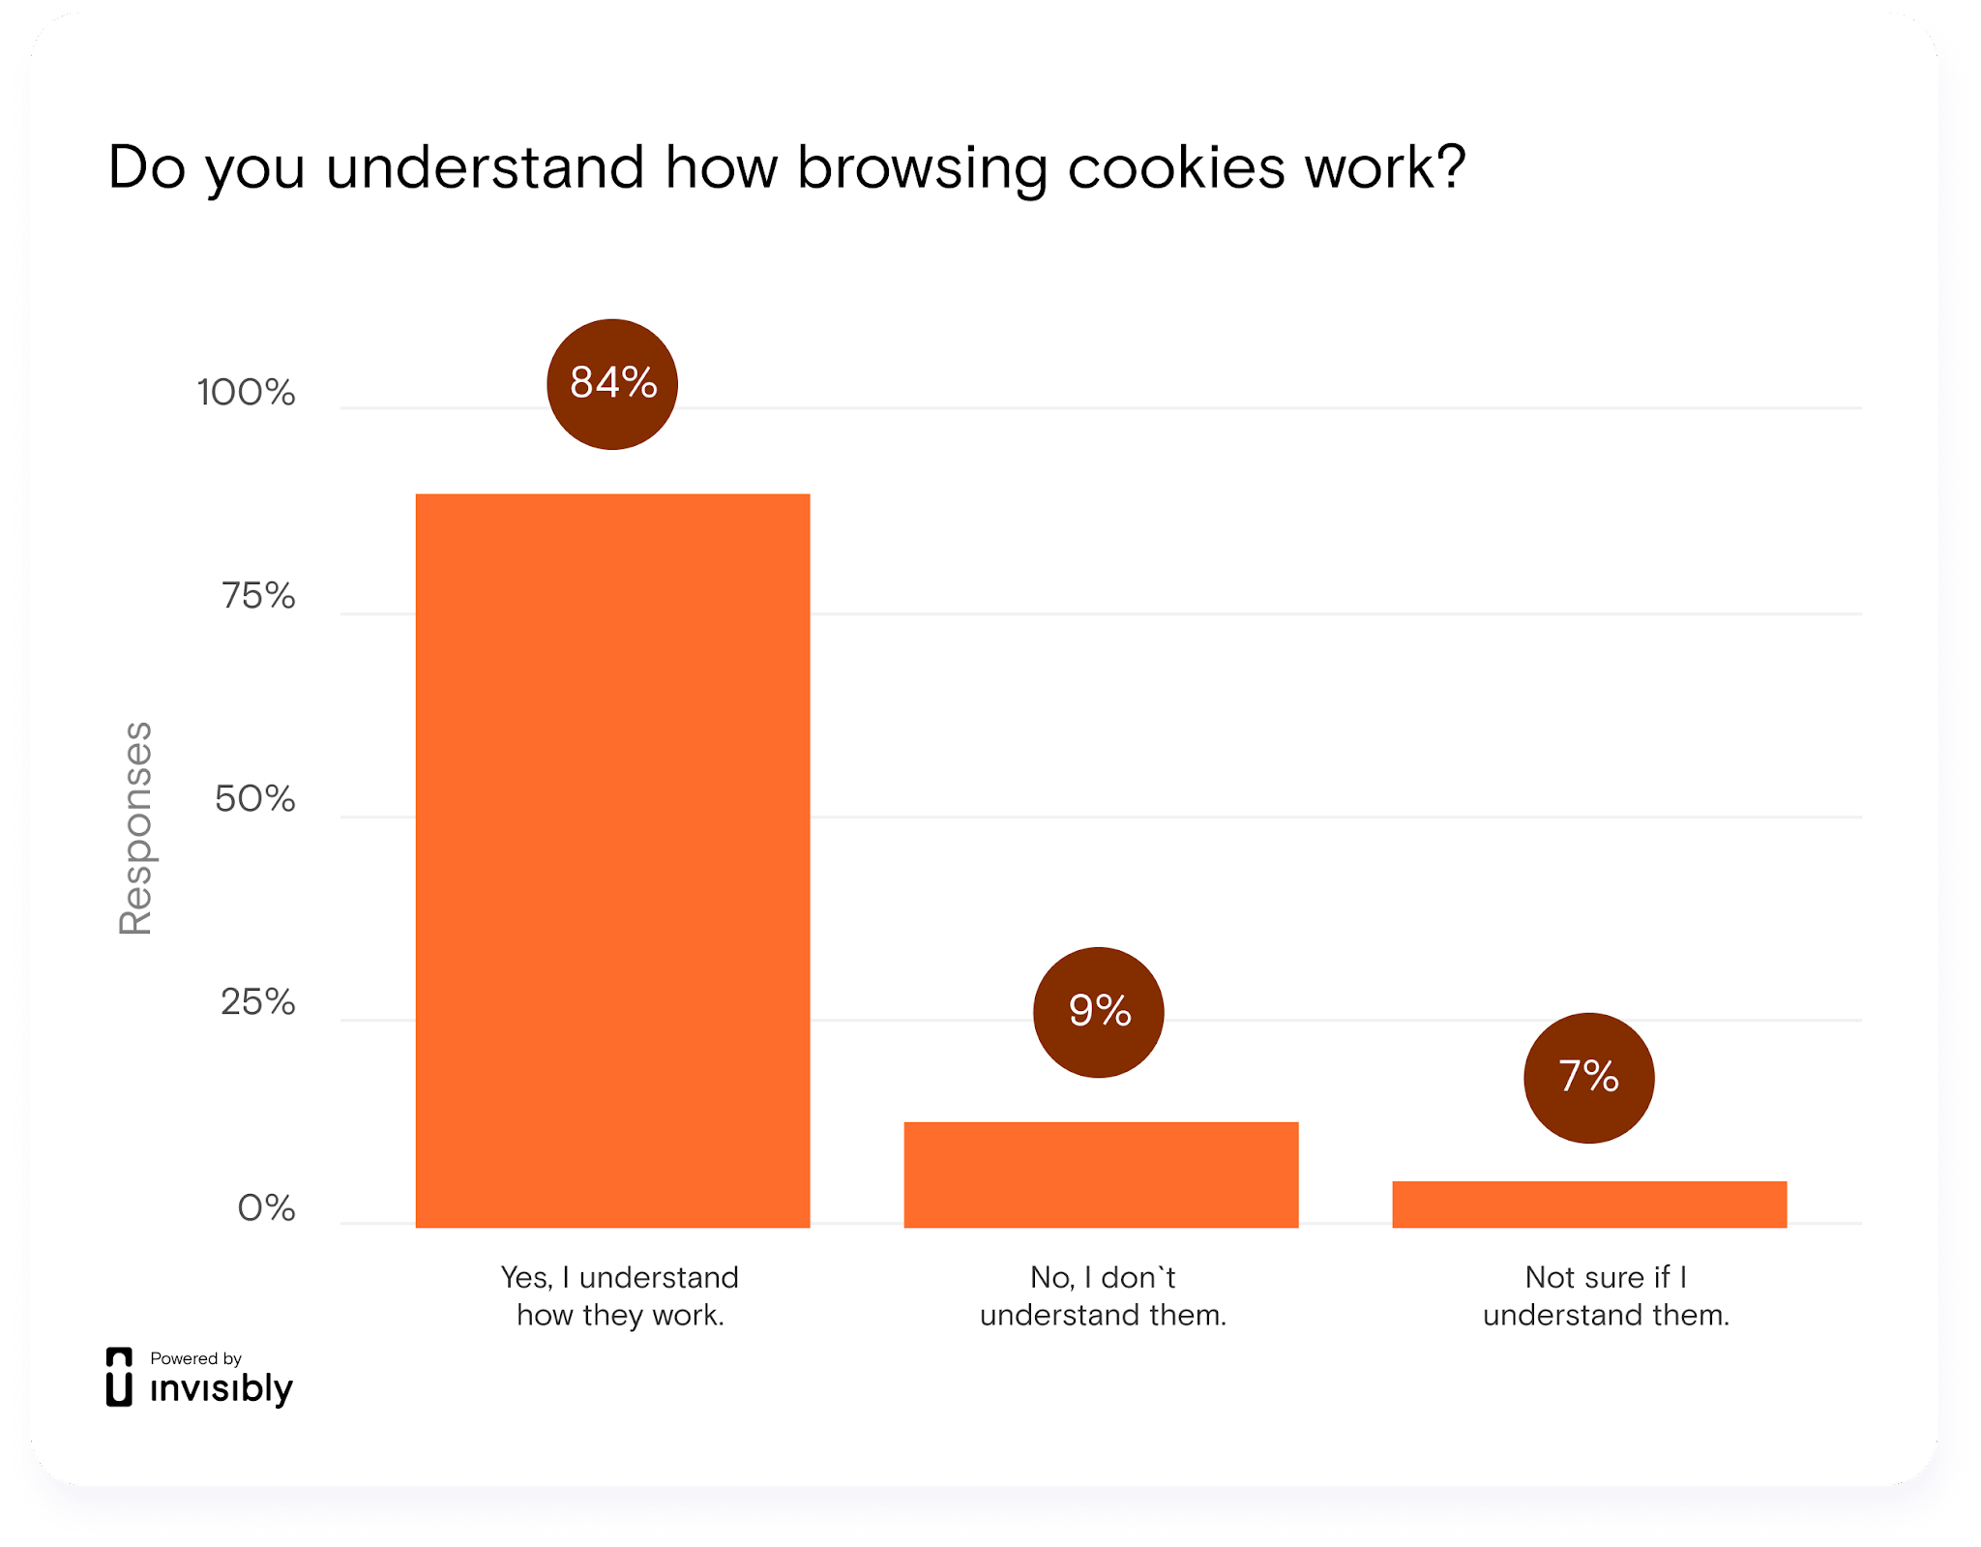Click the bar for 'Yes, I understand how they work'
[x=612, y=860]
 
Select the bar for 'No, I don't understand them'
[x=1101, y=1175]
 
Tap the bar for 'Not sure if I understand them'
[x=1589, y=1205]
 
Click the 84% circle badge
[x=612, y=384]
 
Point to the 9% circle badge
[x=1099, y=1012]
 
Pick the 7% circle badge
[x=1588, y=1078]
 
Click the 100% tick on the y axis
[x=247, y=393]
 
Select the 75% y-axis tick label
[x=258, y=596]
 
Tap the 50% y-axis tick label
[x=255, y=799]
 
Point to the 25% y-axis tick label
[x=257, y=1002]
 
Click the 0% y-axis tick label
[x=266, y=1208]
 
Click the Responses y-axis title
[x=135, y=828]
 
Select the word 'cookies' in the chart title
[x=1177, y=167]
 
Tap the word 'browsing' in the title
[x=922, y=169]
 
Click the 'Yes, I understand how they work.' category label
[x=620, y=1296]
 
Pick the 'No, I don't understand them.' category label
[x=1103, y=1296]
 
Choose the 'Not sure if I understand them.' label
[x=1606, y=1296]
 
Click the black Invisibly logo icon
[x=119, y=1377]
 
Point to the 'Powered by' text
[x=195, y=1358]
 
